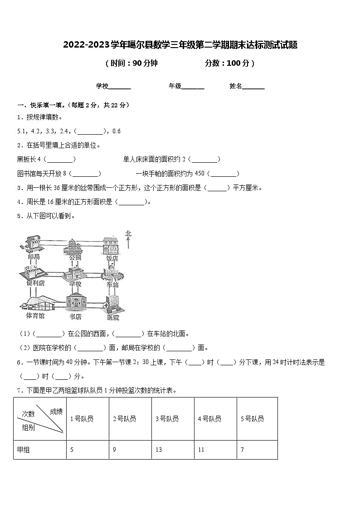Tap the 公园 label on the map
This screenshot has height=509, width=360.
[75, 257]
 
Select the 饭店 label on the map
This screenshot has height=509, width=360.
[112, 258]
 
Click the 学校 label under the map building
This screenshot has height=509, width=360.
[75, 284]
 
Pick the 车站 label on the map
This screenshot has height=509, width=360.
[112, 285]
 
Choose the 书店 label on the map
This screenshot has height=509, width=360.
[75, 317]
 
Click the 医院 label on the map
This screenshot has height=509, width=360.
[113, 318]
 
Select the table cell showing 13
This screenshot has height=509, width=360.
[159, 450]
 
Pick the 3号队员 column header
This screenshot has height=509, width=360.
[167, 419]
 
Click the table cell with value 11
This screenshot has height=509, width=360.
[201, 450]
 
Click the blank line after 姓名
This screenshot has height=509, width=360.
[253, 87]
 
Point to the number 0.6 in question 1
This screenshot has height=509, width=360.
[116, 131]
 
